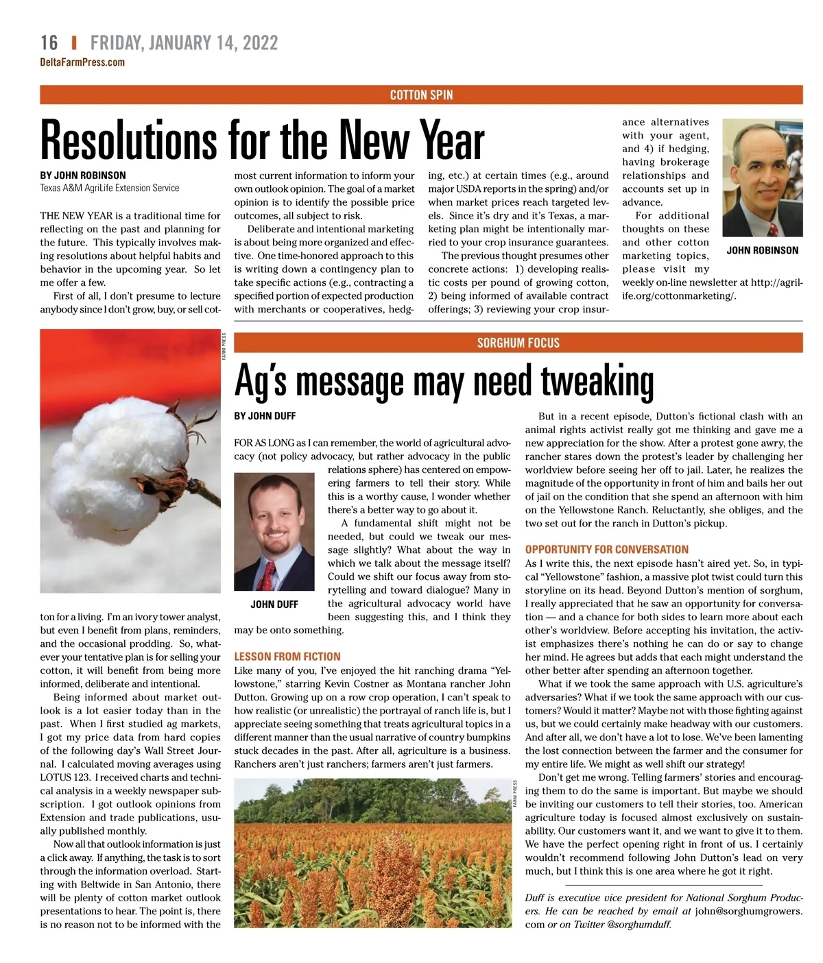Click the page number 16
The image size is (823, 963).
coord(49,42)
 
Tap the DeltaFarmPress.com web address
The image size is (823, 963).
coord(82,62)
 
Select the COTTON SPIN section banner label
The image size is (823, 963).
coord(421,95)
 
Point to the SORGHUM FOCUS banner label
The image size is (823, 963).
coord(518,343)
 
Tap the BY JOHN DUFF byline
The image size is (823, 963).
coord(265,415)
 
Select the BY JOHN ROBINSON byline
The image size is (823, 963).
coord(83,175)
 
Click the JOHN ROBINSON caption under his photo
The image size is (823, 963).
coord(762,250)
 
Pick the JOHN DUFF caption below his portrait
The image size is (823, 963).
coord(274,604)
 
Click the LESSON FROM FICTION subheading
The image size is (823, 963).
coord(287,656)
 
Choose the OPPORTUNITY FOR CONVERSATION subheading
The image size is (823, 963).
coord(606,549)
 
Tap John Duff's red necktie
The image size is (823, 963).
coord(268,573)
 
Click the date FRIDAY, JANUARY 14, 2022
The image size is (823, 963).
coord(184,42)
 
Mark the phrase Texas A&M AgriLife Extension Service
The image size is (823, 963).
coord(110,188)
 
